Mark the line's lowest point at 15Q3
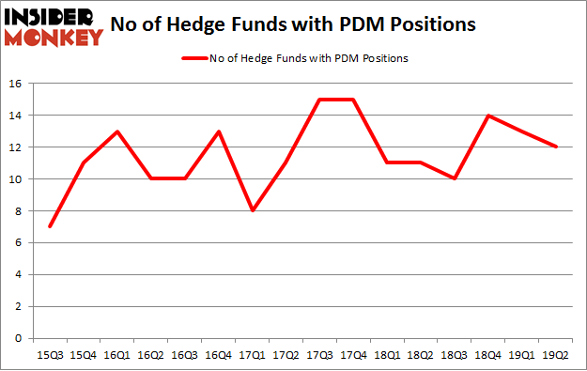click(x=49, y=226)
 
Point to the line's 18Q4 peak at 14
click(x=488, y=116)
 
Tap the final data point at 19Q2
click(x=557, y=147)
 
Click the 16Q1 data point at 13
click(x=118, y=131)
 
